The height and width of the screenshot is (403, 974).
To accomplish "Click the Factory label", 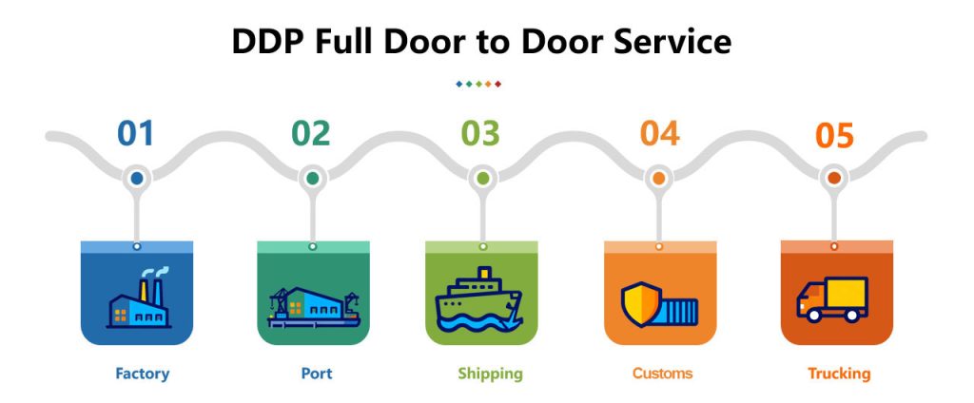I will click(x=142, y=373).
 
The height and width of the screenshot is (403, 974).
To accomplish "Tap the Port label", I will click(x=317, y=373).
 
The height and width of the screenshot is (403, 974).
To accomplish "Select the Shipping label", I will click(x=490, y=374).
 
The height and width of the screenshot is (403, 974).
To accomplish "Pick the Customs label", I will click(x=664, y=373).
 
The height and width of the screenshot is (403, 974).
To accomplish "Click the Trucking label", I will click(x=839, y=373).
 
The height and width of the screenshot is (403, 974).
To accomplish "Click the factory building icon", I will click(x=138, y=299).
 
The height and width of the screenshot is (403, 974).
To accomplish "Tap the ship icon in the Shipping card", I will click(x=479, y=301).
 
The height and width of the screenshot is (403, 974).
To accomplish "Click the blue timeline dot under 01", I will click(x=137, y=178).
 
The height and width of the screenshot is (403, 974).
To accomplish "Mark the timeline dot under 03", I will click(x=483, y=178).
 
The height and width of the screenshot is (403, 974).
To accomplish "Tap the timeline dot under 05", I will click(x=834, y=178).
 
